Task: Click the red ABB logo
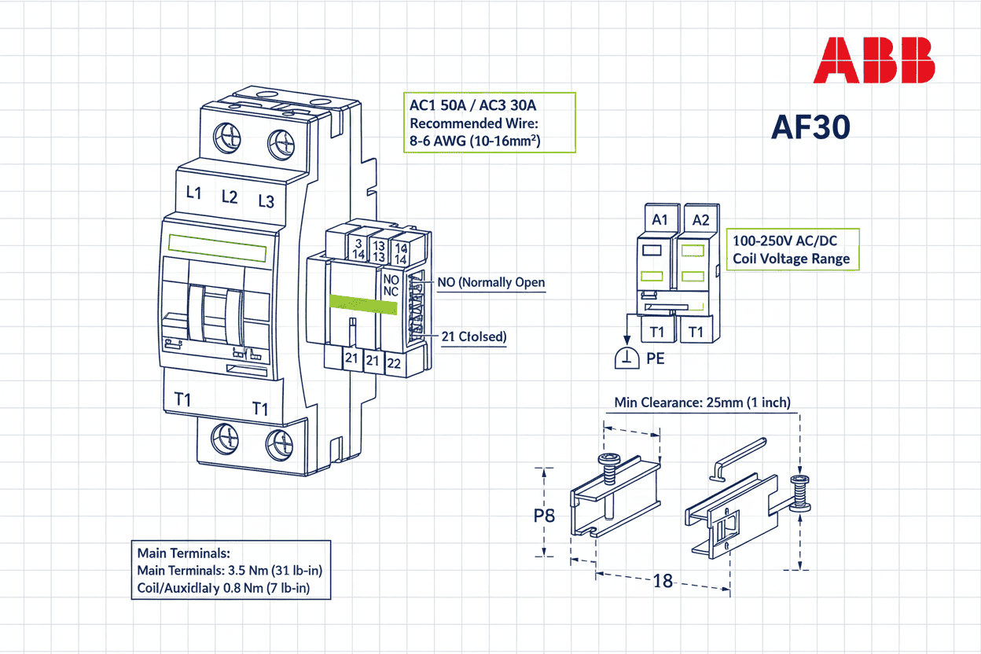873,61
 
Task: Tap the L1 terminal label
194,193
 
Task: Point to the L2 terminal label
230,197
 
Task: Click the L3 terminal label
266,202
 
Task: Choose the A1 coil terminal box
660,219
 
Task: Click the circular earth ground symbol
626,358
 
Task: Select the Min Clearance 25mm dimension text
702,402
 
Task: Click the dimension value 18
663,582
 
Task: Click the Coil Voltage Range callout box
792,249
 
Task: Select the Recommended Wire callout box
489,123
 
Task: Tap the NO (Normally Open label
490,282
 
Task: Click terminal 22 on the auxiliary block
395,363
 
